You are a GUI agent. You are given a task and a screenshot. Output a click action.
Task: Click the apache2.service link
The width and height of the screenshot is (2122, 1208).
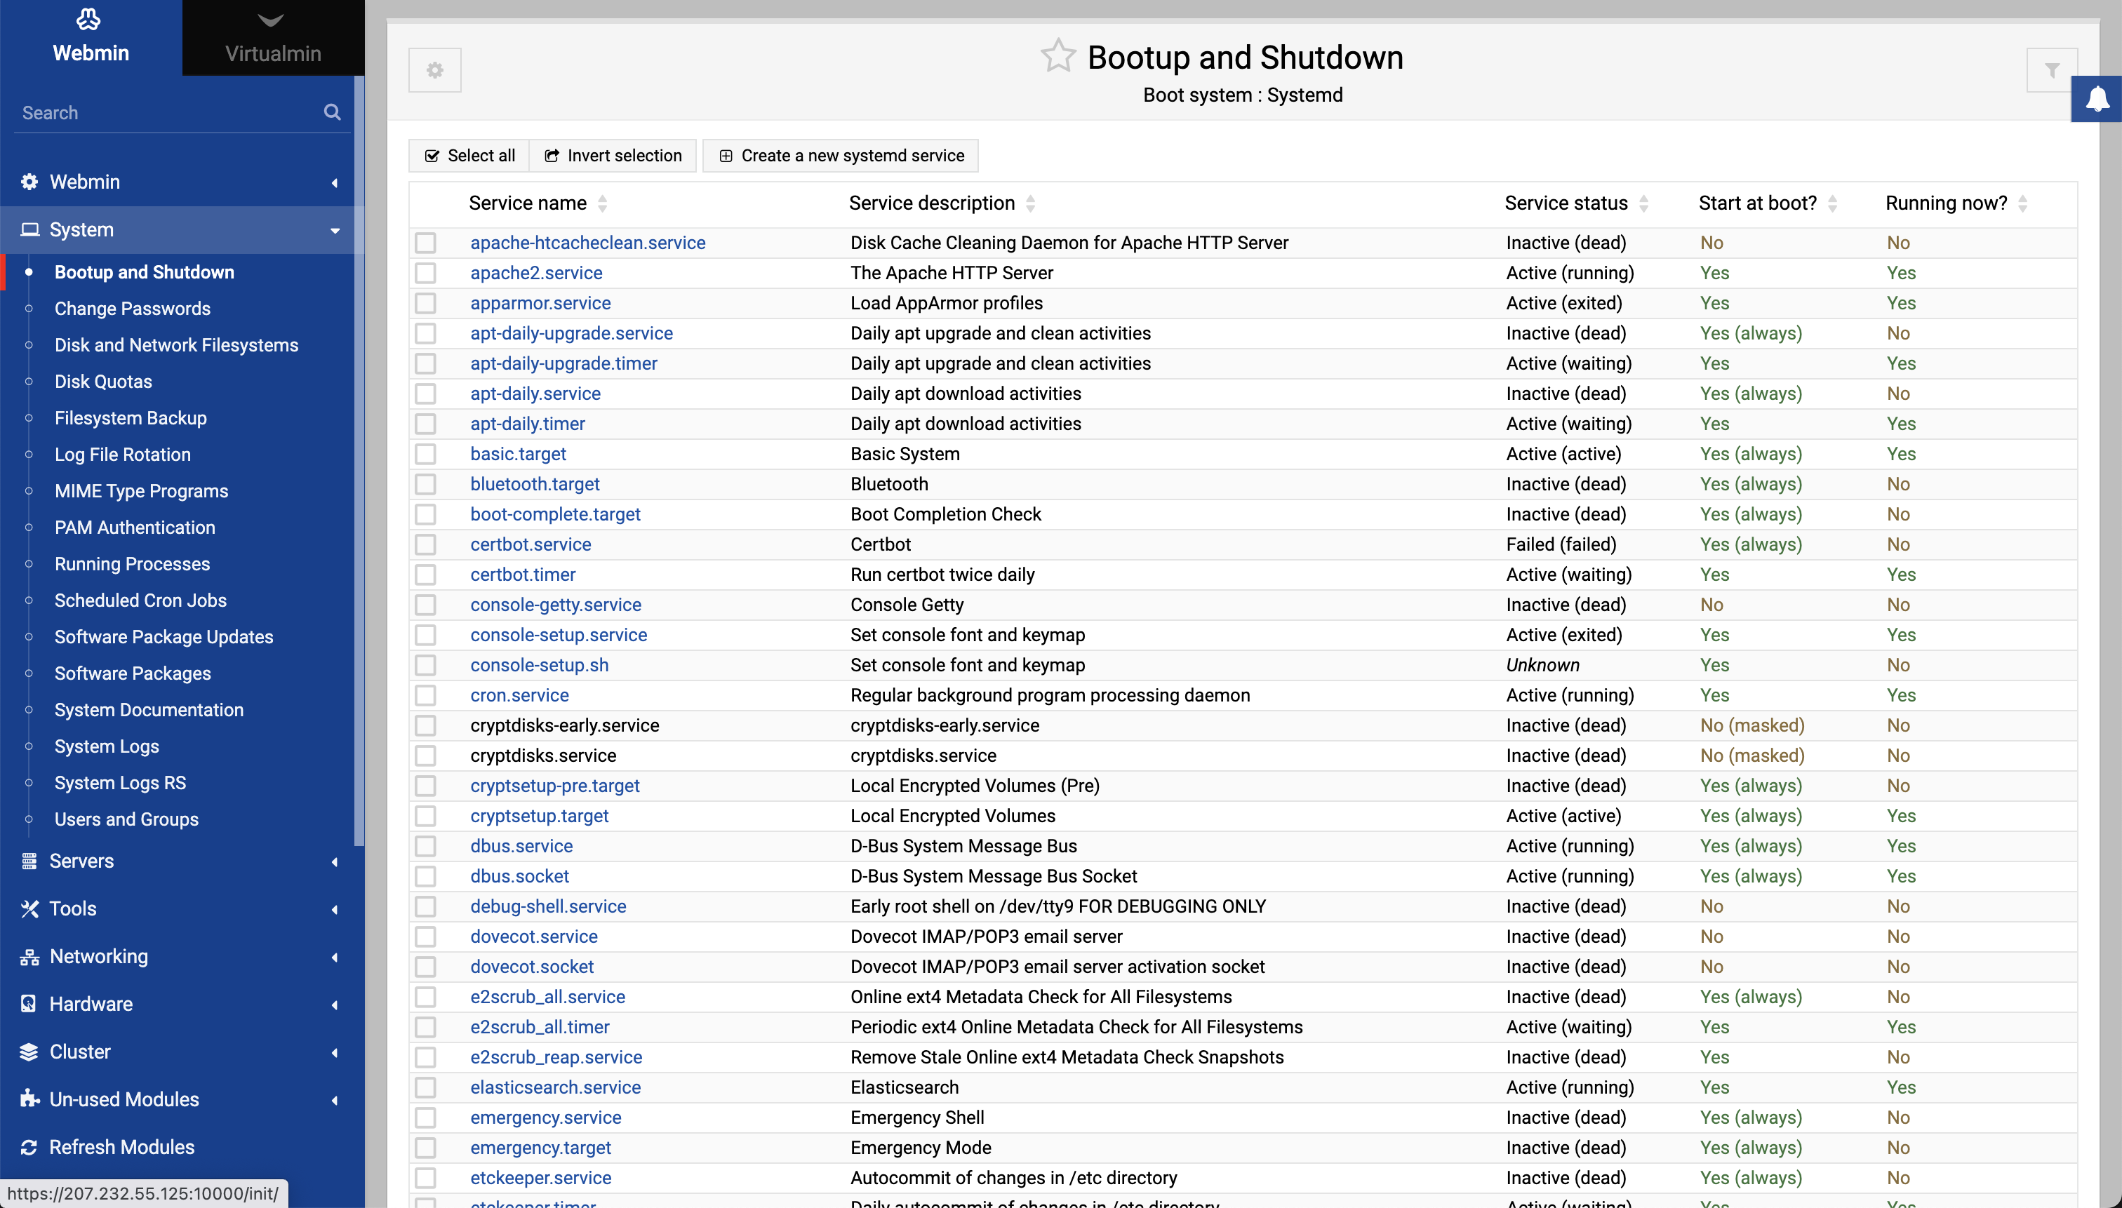pyautogui.click(x=536, y=273)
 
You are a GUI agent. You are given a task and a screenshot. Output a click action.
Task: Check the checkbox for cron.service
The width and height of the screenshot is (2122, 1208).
pyautogui.click(x=426, y=695)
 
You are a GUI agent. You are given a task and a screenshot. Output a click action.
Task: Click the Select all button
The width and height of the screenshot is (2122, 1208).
pyautogui.click(x=469, y=156)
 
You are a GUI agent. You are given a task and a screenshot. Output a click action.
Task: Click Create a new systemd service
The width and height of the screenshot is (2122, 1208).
pyautogui.click(x=841, y=156)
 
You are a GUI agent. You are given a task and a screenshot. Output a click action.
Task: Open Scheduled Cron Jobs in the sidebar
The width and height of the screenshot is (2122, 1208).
pyautogui.click(x=140, y=600)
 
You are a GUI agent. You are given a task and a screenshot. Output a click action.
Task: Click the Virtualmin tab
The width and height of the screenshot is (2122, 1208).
pyautogui.click(x=273, y=38)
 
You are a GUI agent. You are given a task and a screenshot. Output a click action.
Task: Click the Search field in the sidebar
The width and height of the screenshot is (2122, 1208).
pyautogui.click(x=166, y=113)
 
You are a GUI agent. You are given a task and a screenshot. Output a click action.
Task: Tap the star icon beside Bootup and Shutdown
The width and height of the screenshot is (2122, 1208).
pyautogui.click(x=1058, y=56)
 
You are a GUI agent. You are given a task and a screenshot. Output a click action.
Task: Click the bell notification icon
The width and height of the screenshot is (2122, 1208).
pyautogui.click(x=2097, y=99)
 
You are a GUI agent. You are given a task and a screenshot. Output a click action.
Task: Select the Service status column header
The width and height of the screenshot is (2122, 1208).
pyautogui.click(x=1566, y=203)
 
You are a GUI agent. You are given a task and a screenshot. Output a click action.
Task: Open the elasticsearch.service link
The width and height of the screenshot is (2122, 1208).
pyautogui.click(x=555, y=1087)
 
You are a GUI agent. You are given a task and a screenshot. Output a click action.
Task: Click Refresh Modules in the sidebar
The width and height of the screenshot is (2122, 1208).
pyautogui.click(x=122, y=1146)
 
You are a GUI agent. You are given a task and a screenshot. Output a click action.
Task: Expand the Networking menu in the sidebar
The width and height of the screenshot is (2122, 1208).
pyautogui.click(x=99, y=955)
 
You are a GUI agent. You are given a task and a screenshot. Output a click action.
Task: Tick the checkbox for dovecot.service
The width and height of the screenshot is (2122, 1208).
pyautogui.click(x=426, y=937)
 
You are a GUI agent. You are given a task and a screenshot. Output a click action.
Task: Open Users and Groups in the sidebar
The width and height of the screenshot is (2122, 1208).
pyautogui.click(x=126, y=819)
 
